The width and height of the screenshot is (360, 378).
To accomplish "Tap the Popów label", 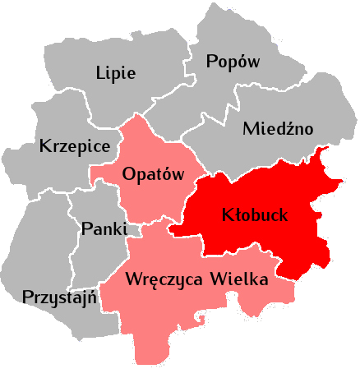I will pos(233,62).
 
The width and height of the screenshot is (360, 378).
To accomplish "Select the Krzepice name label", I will pos(75,147).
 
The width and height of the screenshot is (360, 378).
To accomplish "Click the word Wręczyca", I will pos(163,279).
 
